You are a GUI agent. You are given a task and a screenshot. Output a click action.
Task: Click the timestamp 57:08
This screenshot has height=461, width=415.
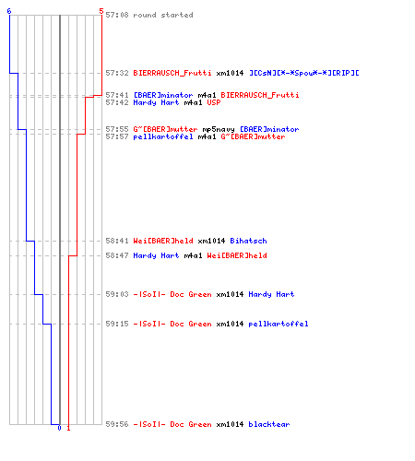click(117, 15)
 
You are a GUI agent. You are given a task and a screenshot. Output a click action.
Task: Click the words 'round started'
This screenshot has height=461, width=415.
click(163, 15)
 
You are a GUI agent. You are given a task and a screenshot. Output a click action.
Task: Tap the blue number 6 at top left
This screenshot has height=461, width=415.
click(9, 11)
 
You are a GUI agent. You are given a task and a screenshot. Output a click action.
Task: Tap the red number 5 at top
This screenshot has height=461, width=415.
click(101, 11)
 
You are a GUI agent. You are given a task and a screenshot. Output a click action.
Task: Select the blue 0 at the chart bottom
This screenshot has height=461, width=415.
click(59, 428)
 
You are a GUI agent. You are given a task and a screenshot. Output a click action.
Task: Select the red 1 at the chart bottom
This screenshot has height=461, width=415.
click(68, 428)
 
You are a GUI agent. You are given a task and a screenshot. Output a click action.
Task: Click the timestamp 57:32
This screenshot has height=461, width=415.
click(117, 73)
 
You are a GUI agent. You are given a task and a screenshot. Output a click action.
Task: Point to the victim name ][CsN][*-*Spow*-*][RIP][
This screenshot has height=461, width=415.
click(304, 73)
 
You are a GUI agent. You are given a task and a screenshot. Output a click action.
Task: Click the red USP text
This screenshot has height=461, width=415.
click(214, 102)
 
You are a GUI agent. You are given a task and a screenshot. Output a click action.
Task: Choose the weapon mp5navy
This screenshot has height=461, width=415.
click(219, 129)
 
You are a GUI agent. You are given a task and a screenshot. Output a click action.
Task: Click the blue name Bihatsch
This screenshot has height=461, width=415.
click(248, 241)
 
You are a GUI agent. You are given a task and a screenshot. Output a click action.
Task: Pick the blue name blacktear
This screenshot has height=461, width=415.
click(269, 424)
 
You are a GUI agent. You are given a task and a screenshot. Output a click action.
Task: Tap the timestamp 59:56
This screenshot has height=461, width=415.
click(117, 424)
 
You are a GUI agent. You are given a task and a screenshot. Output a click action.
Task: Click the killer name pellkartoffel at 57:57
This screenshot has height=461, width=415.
click(163, 136)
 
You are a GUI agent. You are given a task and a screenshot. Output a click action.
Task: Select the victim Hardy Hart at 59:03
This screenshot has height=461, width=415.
click(271, 294)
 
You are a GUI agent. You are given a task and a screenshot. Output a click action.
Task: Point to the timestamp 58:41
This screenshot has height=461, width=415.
click(117, 241)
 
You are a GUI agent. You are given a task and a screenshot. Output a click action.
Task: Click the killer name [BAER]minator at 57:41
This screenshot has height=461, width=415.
click(163, 95)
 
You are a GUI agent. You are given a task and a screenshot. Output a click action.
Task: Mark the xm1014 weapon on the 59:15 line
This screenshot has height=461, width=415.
click(230, 324)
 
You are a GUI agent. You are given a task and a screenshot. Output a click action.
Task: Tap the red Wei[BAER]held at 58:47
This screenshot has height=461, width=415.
click(237, 255)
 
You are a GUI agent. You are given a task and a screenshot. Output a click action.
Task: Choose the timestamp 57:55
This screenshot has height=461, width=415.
click(117, 129)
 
